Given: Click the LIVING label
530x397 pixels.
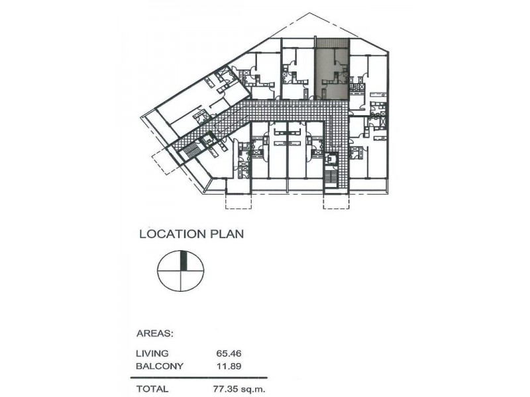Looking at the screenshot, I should click(152, 353).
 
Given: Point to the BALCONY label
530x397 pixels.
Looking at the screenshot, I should click(159, 365).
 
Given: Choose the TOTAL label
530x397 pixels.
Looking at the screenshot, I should click(152, 389).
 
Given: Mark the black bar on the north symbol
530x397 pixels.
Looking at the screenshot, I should click(185, 261).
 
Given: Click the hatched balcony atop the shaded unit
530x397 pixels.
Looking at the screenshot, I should click(331, 44).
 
